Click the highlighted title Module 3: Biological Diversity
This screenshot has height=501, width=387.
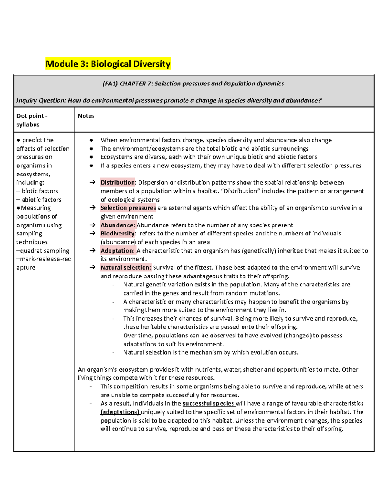click(x=108, y=64)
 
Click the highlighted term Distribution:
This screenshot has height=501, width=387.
click(x=118, y=182)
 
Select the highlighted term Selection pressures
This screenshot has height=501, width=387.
click(x=128, y=208)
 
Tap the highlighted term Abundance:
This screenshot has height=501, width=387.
click(x=118, y=225)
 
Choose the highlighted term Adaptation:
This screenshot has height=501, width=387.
click(x=118, y=251)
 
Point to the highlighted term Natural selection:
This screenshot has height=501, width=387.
click(x=126, y=267)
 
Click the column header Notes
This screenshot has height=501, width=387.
click(x=86, y=116)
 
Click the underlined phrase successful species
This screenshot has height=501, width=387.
click(x=208, y=403)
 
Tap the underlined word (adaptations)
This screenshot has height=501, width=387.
click(x=120, y=412)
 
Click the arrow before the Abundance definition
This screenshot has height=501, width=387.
click(x=93, y=225)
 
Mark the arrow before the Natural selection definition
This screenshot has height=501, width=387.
click(x=93, y=267)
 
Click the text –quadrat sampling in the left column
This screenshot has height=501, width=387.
click(x=43, y=251)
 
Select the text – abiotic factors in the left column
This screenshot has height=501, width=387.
click(x=39, y=200)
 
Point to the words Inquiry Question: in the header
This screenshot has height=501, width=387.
click(x=41, y=100)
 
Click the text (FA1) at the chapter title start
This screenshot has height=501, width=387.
click(x=110, y=84)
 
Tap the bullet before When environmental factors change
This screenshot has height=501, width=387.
click(x=92, y=140)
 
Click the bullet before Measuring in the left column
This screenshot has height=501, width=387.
click(x=18, y=208)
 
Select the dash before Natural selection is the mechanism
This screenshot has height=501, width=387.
click(x=114, y=353)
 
